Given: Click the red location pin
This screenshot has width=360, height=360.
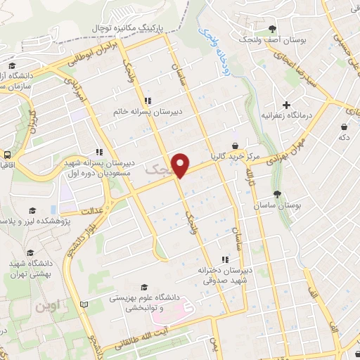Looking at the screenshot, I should (181, 164).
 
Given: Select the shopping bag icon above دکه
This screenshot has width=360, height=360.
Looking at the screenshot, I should (344, 127).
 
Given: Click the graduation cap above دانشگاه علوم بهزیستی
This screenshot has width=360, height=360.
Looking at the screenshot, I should (145, 287).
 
